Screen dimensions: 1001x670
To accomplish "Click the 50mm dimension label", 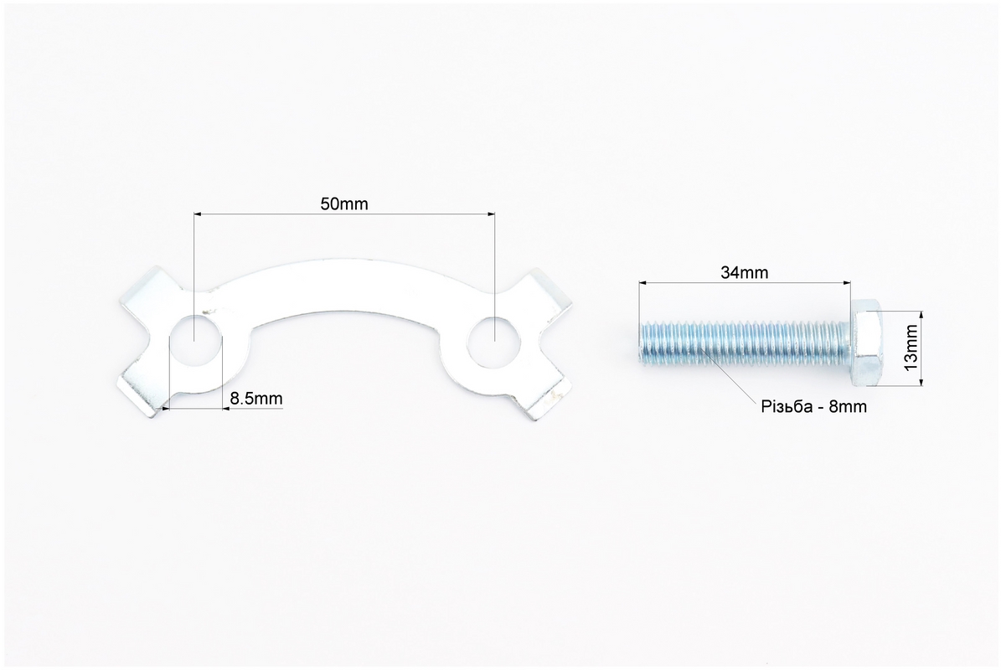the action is coord(344,204).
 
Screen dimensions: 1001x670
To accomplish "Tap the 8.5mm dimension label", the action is coord(256,399).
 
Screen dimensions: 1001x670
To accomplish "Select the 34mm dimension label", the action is coord(745,272).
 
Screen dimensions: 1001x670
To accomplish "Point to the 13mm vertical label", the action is coord(911,348).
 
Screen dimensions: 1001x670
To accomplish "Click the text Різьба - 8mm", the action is coord(814,406).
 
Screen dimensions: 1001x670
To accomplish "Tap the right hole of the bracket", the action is coord(493,342).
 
